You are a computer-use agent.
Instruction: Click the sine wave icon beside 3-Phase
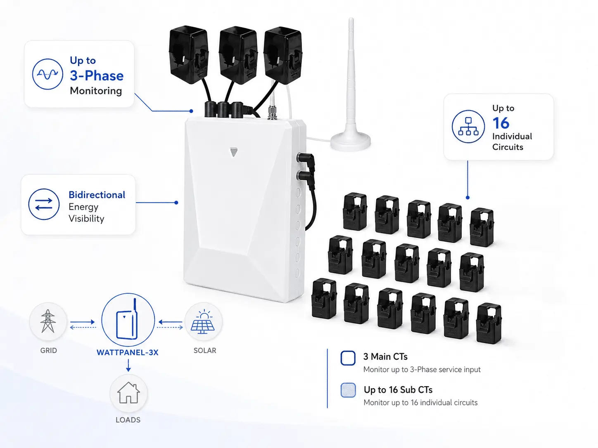click(47, 74)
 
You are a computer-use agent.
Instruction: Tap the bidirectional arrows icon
click(44, 204)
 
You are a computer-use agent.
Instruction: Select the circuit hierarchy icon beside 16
click(468, 126)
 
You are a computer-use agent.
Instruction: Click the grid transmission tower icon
click(48, 321)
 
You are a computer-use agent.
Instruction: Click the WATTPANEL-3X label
click(128, 353)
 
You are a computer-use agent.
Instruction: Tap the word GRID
click(48, 350)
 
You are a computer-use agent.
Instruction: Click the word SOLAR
click(205, 350)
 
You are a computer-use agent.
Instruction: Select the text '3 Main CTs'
click(385, 356)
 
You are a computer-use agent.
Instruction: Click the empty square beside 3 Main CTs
click(348, 358)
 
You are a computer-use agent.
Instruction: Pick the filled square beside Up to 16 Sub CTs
click(348, 390)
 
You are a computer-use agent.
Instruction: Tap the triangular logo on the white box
click(234, 152)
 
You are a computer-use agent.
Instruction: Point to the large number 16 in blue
click(501, 123)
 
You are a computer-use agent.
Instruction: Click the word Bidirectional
click(97, 195)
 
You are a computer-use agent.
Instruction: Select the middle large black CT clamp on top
click(238, 56)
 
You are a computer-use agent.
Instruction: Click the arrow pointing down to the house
click(128, 365)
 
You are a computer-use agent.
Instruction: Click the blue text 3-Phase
click(97, 75)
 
